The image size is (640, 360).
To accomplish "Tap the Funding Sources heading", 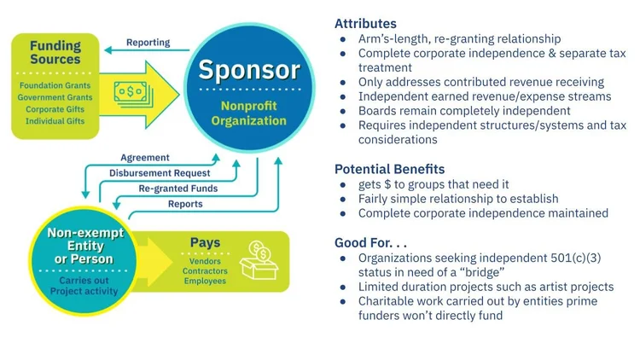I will pos(55,54).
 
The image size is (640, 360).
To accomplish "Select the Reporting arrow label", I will pos(148,43).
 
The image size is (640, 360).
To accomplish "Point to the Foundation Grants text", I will pos(55,85).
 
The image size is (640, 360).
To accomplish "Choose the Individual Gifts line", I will pos(55,121).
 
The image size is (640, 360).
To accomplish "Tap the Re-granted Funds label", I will pos(177,189).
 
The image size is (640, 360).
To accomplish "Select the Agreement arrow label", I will pos(145,158).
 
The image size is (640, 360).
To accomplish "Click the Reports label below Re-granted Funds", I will pos(185,204).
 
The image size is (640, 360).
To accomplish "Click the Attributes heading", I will pos(365,24).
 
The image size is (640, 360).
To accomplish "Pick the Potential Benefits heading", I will pos(389,169).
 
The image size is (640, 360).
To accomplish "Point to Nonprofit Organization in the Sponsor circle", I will pos(249,114).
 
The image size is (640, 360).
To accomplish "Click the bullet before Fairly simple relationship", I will pos(343,199).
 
